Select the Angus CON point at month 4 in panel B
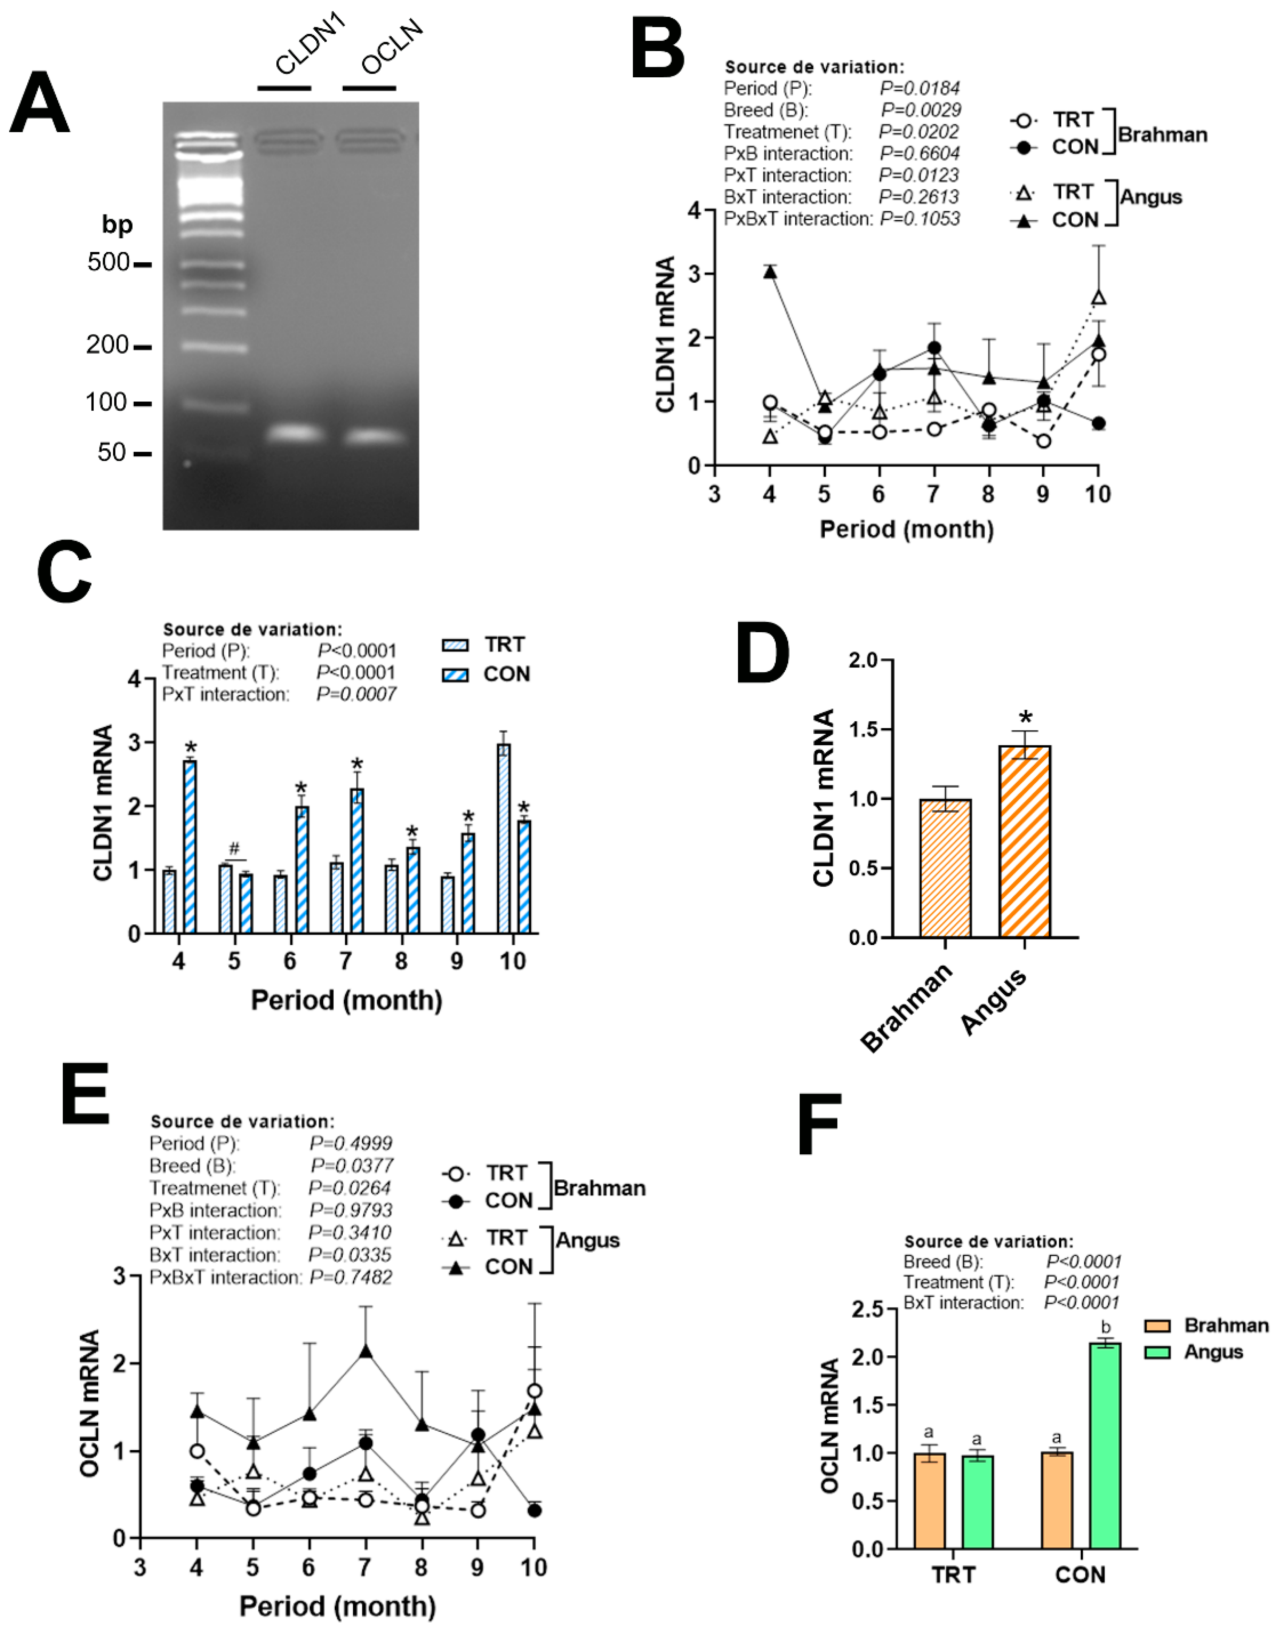(769, 272)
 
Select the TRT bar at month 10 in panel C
(504, 838)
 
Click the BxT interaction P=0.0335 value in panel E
(349, 1255)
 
